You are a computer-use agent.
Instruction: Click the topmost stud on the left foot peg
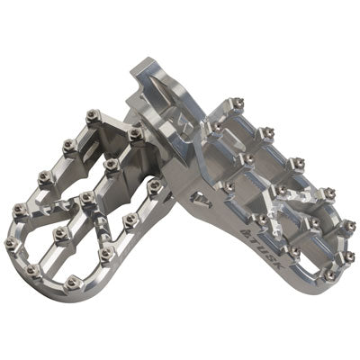point(91,114)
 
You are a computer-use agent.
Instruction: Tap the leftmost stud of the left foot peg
point(11,242)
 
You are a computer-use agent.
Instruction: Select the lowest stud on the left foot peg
point(72,282)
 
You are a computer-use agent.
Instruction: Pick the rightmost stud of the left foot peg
point(155,184)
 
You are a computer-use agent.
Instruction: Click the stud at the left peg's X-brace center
point(87,197)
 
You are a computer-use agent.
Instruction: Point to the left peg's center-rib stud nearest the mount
point(112,164)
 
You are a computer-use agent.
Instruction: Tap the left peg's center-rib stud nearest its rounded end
point(61,231)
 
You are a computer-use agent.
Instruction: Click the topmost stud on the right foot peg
point(237,103)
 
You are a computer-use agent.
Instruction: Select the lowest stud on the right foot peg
point(330,274)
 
